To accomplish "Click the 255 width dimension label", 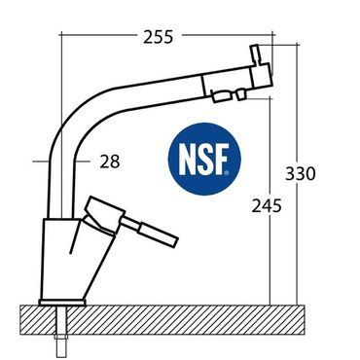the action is [159, 37].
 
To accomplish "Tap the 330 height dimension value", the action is [301, 173].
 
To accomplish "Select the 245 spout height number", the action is [267, 205].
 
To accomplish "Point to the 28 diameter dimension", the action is [110, 162].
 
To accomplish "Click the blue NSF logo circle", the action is [204, 159].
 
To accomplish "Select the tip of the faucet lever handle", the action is [176, 242].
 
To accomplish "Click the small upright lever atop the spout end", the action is [256, 54].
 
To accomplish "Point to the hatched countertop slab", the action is [162, 320].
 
